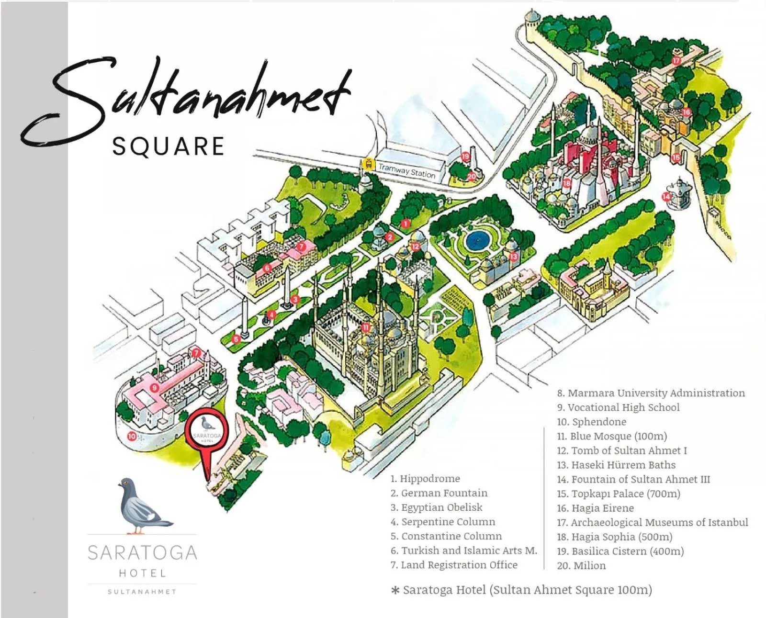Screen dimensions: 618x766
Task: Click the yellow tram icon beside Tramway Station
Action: pos(368,164)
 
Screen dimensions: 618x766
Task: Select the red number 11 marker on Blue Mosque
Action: pos(366,327)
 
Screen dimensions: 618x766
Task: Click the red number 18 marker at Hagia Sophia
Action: pos(567,183)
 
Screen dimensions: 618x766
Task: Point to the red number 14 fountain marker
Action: pos(666,196)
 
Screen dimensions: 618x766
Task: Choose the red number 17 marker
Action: pos(676,61)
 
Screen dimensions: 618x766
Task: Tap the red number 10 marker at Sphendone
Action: pos(132,436)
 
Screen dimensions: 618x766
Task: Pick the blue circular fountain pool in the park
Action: pos(476,239)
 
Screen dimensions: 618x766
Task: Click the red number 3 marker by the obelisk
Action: pos(295,300)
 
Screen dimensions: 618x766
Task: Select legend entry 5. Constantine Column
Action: pos(446,536)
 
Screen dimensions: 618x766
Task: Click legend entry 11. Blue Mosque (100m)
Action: pos(612,436)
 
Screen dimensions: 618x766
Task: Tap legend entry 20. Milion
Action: pos(581,565)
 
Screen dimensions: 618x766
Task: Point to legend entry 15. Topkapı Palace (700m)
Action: pos(619,494)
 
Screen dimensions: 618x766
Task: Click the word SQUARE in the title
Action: pos(168,146)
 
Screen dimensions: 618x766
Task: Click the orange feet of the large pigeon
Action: pos(138,531)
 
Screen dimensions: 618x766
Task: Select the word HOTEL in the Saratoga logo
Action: pos(142,573)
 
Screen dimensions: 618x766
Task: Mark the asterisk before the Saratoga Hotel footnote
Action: pos(395,591)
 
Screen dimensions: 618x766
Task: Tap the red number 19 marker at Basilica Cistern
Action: pos(465,156)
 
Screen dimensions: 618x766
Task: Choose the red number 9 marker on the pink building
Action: pos(154,388)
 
